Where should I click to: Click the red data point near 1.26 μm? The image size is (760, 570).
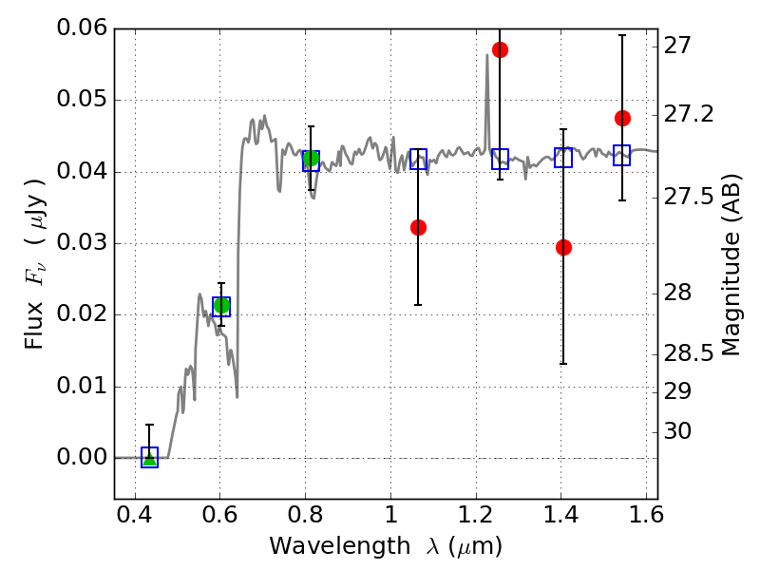point(500,50)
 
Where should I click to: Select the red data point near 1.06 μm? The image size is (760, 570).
point(418,227)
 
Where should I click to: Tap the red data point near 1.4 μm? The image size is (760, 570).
point(563,248)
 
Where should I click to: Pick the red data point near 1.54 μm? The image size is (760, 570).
point(622,118)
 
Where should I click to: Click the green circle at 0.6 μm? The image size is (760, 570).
point(221,306)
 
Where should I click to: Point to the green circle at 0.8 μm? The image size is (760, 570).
point(311,158)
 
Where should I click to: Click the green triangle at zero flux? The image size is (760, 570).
point(150,458)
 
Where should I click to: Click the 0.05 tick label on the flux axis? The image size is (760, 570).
point(82,100)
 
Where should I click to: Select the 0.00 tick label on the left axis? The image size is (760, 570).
point(82,458)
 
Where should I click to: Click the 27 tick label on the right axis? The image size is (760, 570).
point(676,47)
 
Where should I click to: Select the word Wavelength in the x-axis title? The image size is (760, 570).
point(340,547)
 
